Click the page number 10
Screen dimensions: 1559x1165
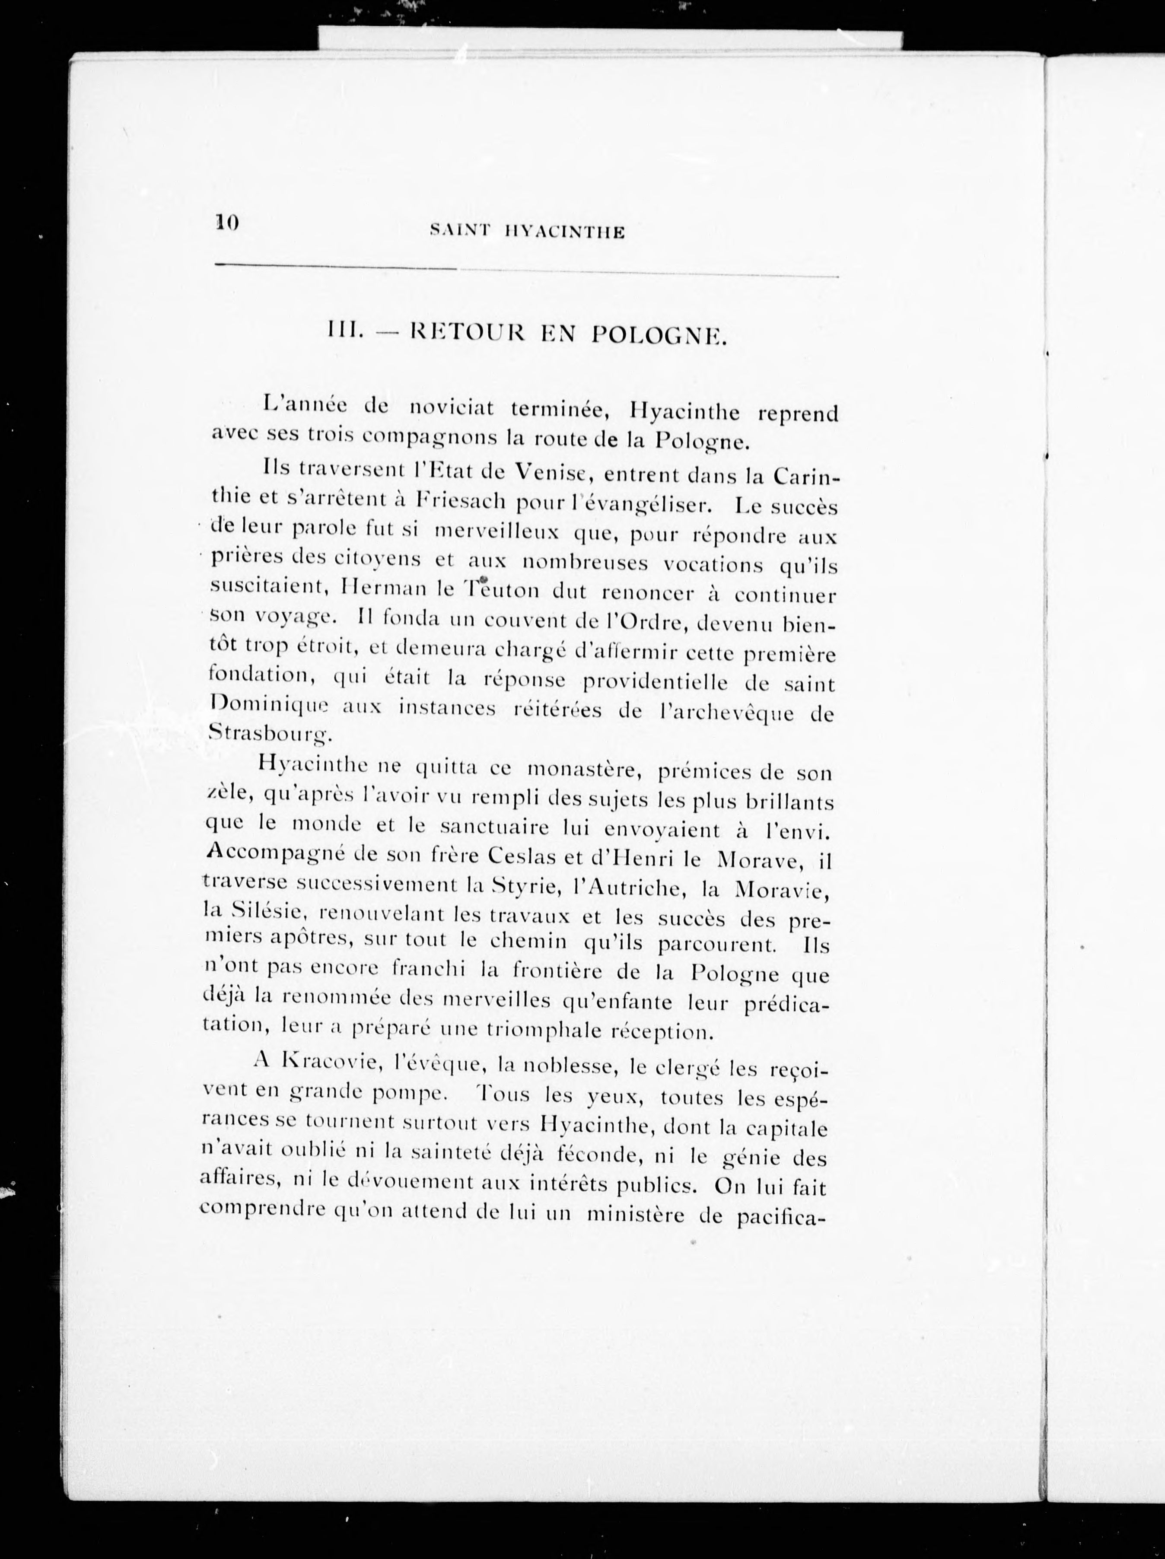tap(228, 223)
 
